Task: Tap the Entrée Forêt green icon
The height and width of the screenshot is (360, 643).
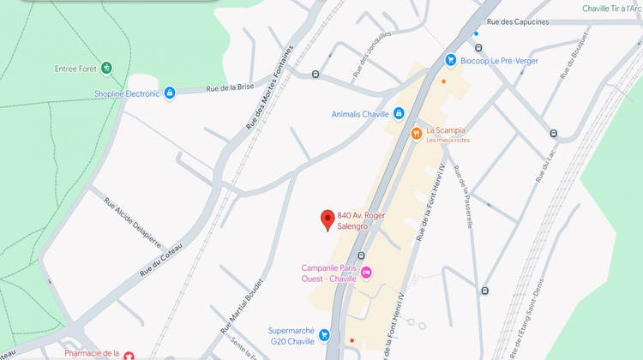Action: tap(106, 67)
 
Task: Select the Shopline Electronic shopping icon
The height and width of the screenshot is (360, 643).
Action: tap(170, 93)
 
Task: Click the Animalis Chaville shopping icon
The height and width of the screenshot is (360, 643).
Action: tap(399, 114)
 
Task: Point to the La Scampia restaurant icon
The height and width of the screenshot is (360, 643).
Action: tap(416, 133)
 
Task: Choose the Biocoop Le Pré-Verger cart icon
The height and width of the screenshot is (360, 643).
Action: tap(450, 60)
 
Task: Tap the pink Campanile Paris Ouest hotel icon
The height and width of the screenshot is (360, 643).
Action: tap(366, 273)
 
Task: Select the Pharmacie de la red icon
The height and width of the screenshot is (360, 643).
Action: tap(129, 355)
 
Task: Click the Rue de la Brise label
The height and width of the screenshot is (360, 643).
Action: tap(231, 87)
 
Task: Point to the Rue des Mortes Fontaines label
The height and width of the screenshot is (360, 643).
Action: tap(270, 87)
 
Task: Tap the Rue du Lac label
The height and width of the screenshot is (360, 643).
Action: tap(544, 164)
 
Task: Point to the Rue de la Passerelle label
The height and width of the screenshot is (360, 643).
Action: tap(463, 195)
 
